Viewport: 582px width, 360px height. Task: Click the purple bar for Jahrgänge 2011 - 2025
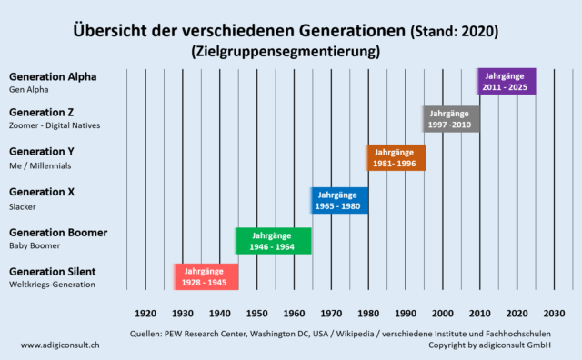[x=507, y=81]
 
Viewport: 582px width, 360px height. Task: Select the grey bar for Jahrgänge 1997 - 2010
[x=450, y=118]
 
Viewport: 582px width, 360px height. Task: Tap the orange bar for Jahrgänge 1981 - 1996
[x=396, y=158]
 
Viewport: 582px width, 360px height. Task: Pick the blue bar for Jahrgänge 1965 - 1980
[x=339, y=200]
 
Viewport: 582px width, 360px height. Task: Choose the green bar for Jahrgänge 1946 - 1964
[x=273, y=241]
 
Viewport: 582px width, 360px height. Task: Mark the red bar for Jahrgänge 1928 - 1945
[x=206, y=276]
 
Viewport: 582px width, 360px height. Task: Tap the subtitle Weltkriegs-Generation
[x=54, y=285]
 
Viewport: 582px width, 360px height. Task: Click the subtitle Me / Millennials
[x=40, y=165]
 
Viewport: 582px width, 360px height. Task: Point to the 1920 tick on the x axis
[x=145, y=312]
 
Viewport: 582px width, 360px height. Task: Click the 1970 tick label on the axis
[x=331, y=312]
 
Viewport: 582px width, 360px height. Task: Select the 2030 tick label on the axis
[x=554, y=312]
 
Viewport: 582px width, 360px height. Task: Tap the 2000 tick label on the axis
[x=443, y=312]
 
